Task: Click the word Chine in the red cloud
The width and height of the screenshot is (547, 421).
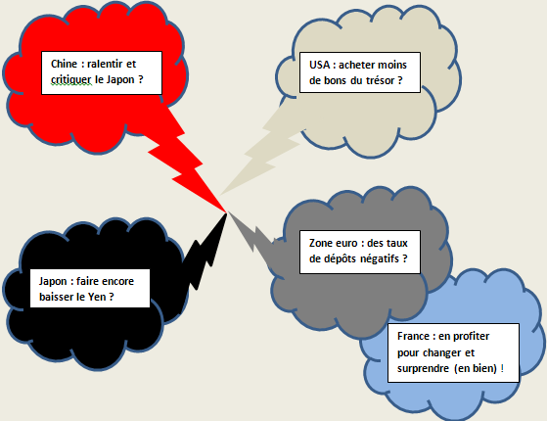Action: (64, 64)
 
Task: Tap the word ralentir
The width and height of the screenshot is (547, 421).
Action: (105, 64)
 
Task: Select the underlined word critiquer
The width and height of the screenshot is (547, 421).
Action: (71, 80)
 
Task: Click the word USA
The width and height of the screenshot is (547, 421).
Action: (319, 65)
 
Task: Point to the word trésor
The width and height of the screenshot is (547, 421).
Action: (381, 80)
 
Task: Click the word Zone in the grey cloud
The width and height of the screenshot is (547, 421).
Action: (319, 243)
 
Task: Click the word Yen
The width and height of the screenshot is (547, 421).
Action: (97, 297)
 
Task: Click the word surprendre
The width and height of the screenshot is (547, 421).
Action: (418, 369)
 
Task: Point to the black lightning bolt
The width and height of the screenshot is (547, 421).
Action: (205, 252)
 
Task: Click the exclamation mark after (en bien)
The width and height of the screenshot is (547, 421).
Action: (502, 368)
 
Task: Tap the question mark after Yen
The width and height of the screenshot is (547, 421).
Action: (112, 297)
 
